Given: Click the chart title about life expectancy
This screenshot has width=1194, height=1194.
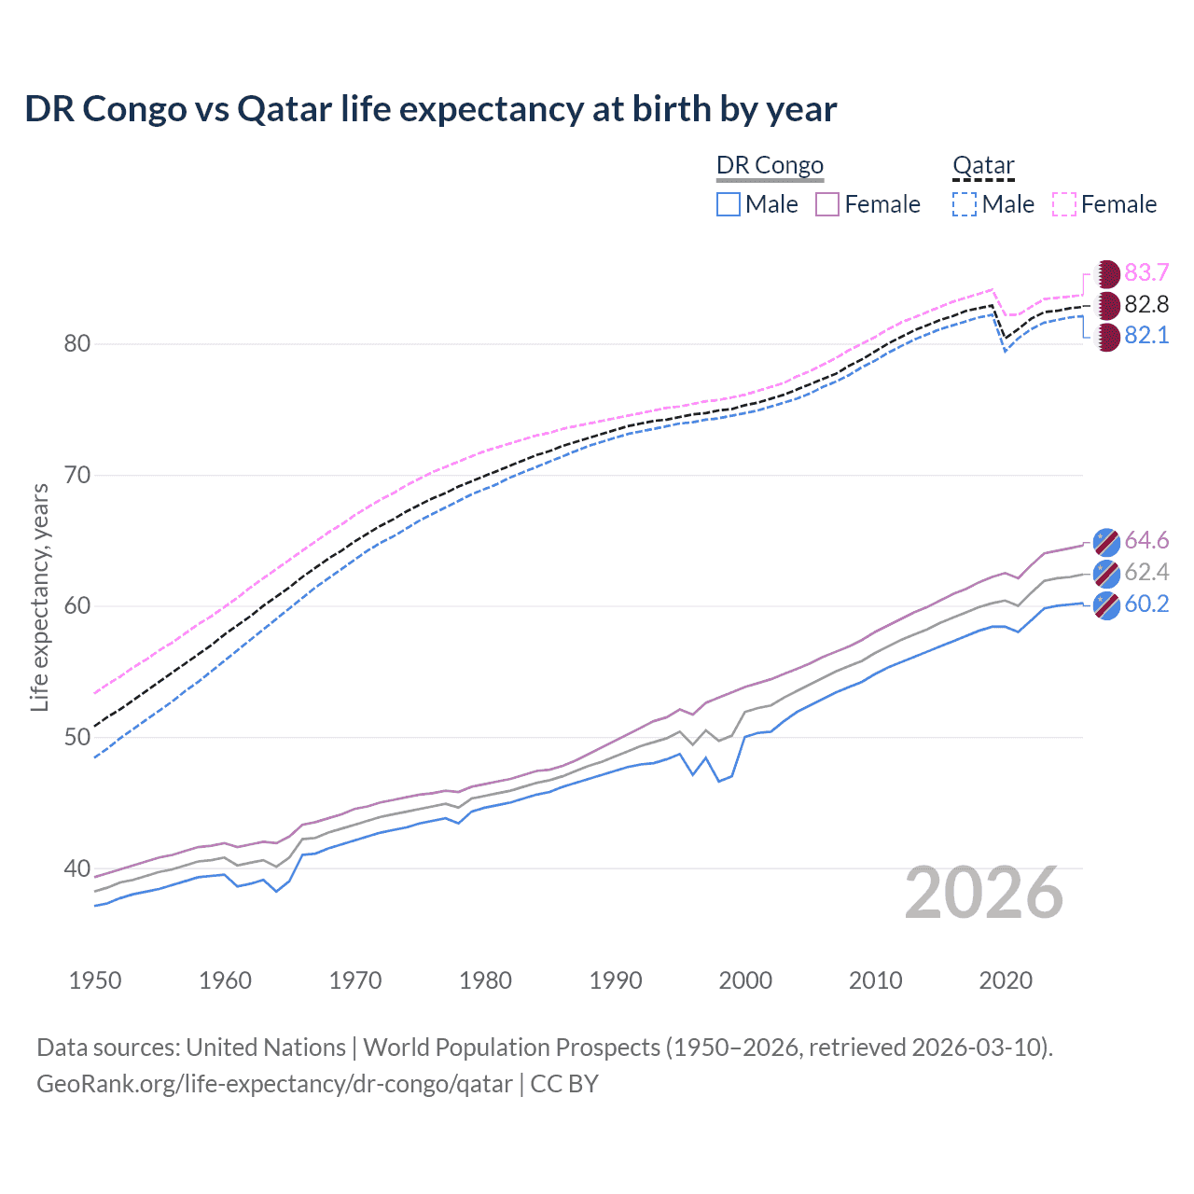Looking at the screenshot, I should click(430, 109).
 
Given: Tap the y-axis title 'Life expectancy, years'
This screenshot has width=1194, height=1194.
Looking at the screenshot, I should click(39, 597).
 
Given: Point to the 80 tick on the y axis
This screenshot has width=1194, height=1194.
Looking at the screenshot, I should click(77, 344).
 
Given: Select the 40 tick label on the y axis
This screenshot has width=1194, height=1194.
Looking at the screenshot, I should click(77, 868).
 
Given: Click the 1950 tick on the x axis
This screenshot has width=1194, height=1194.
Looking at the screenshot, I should click(95, 980).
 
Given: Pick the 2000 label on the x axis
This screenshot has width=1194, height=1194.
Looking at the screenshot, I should click(745, 980).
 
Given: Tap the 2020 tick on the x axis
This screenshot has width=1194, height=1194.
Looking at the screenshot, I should click(1006, 980).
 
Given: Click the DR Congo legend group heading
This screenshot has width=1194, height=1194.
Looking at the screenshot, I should click(770, 166).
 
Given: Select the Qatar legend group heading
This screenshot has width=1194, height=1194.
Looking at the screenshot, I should click(983, 166).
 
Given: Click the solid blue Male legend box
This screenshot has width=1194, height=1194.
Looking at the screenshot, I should click(729, 204).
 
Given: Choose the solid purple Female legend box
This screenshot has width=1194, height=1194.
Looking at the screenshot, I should click(827, 204).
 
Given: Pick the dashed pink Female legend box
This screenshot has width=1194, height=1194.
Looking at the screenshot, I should click(1064, 204).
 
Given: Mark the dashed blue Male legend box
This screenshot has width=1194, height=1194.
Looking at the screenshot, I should click(965, 204).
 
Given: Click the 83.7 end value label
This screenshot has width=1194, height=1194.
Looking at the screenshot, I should click(1146, 272).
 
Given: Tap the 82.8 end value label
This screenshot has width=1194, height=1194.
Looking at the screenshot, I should click(1146, 304).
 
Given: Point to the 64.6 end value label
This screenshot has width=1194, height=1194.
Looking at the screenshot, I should click(1146, 541).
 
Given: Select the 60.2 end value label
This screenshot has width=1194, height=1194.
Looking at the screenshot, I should click(1146, 604).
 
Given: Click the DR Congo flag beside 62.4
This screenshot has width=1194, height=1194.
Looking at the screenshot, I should click(1106, 573).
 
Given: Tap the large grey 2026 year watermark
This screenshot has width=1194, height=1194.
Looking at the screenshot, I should click(984, 894).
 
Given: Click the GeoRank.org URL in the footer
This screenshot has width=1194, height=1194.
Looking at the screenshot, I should click(274, 1084).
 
